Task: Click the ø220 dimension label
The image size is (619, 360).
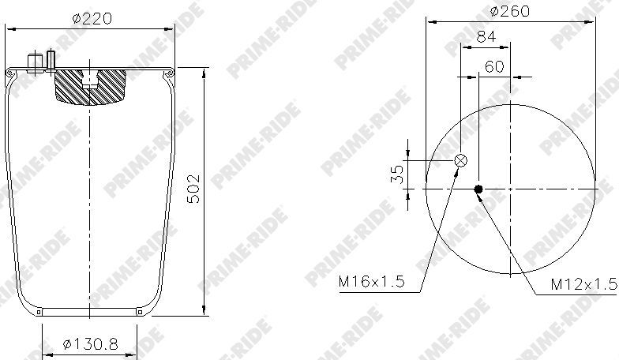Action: [x=92, y=18]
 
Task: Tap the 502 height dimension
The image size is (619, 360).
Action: [x=193, y=188]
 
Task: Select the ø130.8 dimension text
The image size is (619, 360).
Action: [x=90, y=344]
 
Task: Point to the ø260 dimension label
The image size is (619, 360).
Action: [x=510, y=11]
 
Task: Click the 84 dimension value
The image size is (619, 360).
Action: [x=486, y=36]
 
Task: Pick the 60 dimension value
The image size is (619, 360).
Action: [x=494, y=66]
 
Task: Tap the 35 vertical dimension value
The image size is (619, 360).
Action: [x=397, y=174]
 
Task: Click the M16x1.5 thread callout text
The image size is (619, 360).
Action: [x=371, y=281]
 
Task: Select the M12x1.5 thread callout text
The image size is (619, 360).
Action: [x=584, y=284]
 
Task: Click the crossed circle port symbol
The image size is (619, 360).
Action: [x=461, y=160]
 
